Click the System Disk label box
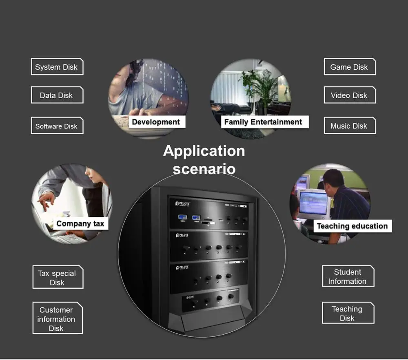click(x=57, y=67)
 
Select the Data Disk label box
click(x=57, y=95)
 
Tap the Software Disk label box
click(x=57, y=126)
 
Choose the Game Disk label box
click(x=349, y=67)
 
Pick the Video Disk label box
click(x=349, y=95)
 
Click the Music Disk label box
click(x=349, y=126)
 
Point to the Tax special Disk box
click(x=58, y=278)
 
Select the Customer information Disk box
click(x=57, y=319)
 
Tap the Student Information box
click(x=348, y=276)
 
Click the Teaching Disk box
click(x=348, y=313)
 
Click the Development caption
click(x=156, y=122)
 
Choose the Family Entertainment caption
click(x=263, y=122)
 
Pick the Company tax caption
click(x=80, y=223)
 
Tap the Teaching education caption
click(x=352, y=226)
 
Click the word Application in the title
click(x=204, y=151)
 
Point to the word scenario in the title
click(x=204, y=168)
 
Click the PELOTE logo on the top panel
click(x=183, y=203)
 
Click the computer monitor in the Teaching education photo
click(x=313, y=203)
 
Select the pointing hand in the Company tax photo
click(x=47, y=199)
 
